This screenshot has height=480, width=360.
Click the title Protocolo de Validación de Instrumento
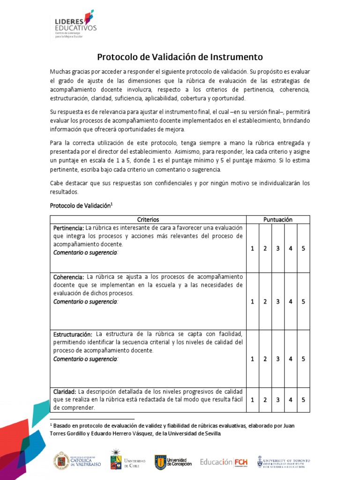pyautogui.click(x=180, y=57)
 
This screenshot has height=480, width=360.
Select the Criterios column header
pyautogui.click(x=148, y=219)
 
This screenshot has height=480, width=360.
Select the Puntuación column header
pyautogui.click(x=278, y=219)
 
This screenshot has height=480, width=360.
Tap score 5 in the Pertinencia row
pyautogui.click(x=303, y=248)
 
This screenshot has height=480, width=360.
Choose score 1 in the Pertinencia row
pyautogui.click(x=252, y=248)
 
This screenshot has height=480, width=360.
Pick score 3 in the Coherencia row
pyautogui.click(x=278, y=301)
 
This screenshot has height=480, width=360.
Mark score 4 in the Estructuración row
pyautogui.click(x=291, y=359)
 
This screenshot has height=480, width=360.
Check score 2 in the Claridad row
pyautogui.click(x=265, y=400)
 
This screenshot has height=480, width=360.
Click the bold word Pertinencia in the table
pyautogui.click(x=68, y=228)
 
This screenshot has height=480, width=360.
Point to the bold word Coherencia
pyautogui.click(x=68, y=277)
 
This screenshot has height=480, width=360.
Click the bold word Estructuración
pyautogui.click(x=73, y=334)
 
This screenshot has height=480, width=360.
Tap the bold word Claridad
pyautogui.click(x=65, y=391)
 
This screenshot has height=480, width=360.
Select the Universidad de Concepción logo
pyautogui.click(x=173, y=461)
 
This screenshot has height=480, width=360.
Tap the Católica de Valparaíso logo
pyautogui.click(x=75, y=461)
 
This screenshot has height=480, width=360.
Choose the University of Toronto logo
pyautogui.click(x=283, y=461)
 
